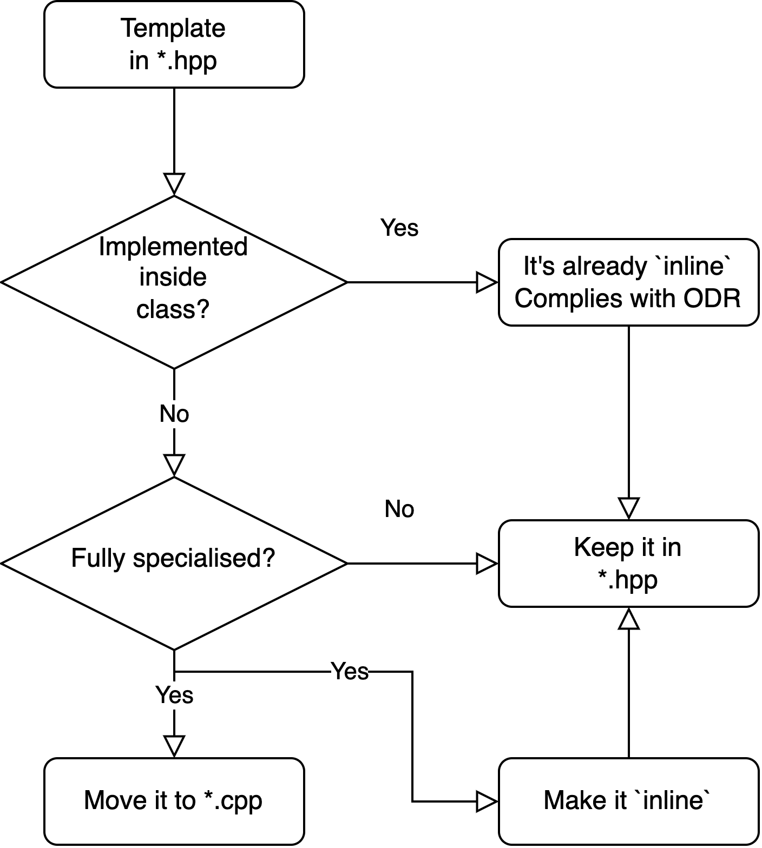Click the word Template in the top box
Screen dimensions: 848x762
point(173,29)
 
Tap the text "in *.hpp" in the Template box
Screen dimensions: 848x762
point(173,60)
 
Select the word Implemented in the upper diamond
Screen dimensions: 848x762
point(173,247)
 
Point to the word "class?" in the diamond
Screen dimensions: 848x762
point(173,309)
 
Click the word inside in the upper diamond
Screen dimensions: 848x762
point(173,277)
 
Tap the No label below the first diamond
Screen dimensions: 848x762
point(174,414)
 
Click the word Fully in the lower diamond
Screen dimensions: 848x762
point(97,558)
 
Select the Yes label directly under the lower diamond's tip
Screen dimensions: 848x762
point(174,695)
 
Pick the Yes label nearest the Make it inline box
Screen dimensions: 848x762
point(350,672)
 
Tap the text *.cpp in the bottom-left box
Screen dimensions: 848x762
point(233,801)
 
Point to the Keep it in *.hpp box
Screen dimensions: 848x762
point(628,563)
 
